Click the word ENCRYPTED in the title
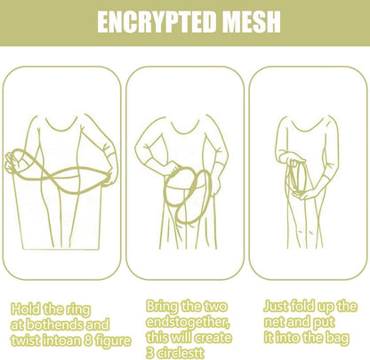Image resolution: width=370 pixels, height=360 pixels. (x=157, y=22)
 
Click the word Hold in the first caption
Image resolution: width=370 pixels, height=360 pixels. (x=25, y=309)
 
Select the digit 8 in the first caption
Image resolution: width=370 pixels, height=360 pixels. (x=88, y=340)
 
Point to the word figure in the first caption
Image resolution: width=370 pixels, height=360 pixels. (x=113, y=341)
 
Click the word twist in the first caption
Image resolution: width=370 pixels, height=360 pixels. (x=25, y=340)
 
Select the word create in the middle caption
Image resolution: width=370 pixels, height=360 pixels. (x=212, y=338)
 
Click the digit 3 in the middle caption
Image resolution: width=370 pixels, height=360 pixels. (x=150, y=353)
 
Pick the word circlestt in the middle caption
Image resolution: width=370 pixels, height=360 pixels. (x=181, y=353)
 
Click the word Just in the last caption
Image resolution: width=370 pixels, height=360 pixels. (x=276, y=307)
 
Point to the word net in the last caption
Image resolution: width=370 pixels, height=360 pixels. (x=274, y=322)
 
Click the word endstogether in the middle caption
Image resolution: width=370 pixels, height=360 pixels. (x=188, y=322)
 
